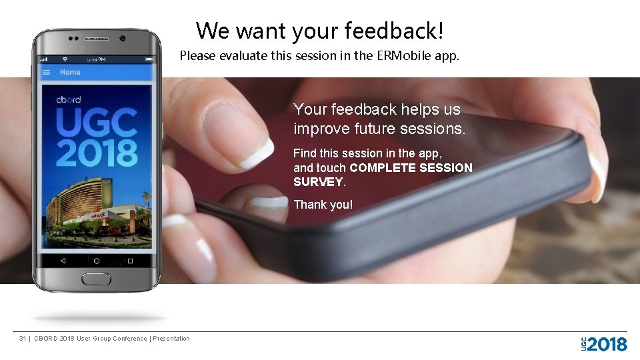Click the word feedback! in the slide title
click(x=393, y=31)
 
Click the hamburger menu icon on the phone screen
click(x=47, y=72)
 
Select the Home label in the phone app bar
click(x=70, y=72)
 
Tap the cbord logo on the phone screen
click(x=69, y=100)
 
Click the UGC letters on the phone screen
click(x=96, y=122)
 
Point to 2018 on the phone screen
click(x=96, y=151)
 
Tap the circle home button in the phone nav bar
click(x=97, y=261)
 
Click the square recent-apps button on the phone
click(x=130, y=261)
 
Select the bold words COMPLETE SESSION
click(x=411, y=168)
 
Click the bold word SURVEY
click(x=318, y=182)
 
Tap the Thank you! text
click(x=323, y=205)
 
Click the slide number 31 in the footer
click(x=23, y=339)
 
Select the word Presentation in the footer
click(x=171, y=339)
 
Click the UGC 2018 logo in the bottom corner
click(x=604, y=344)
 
